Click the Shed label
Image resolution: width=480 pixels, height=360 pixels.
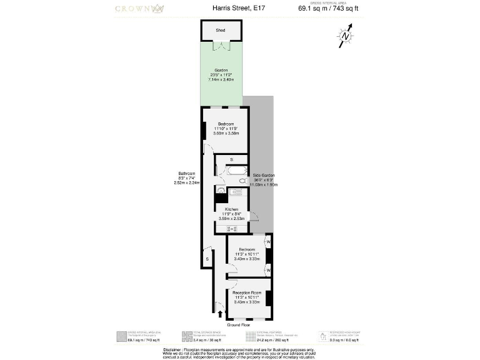coord(220,30)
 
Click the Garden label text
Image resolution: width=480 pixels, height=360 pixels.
coord(221,70)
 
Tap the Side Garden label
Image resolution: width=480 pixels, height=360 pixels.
coord(263,176)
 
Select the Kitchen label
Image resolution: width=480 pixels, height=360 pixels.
coord(231,209)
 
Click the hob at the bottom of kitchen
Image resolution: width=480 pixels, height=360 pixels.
coord(231,229)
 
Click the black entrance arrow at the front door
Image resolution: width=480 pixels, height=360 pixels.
coord(219,313)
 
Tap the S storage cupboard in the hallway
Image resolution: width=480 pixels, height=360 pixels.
coord(207,257)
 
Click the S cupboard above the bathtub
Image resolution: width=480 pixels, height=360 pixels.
coord(231,160)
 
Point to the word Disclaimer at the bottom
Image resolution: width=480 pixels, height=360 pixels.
coord(176,349)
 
